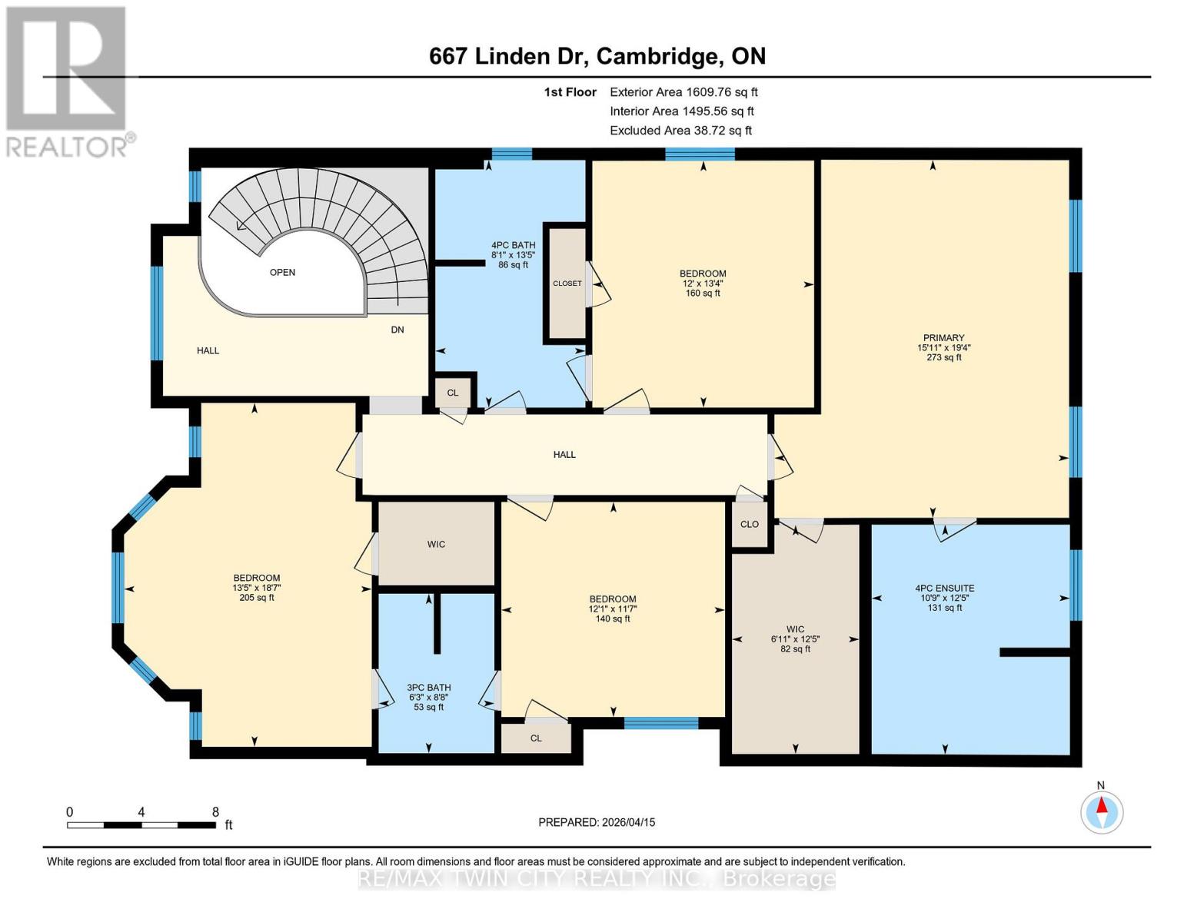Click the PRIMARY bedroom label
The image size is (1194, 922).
coord(943,338)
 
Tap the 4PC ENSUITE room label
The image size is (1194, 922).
coord(944,589)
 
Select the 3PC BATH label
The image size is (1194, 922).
coord(429,688)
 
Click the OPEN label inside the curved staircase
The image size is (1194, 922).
coord(282,272)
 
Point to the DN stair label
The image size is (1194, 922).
coord(397,330)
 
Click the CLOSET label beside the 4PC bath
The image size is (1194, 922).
coord(567,284)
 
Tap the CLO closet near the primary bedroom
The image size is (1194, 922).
coord(750,525)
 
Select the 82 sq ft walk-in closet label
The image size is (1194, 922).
coord(795,649)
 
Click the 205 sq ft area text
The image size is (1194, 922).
coord(257,598)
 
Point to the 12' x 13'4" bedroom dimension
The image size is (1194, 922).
coord(703,284)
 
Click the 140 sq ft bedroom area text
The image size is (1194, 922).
coord(613,619)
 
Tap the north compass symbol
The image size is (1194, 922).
coord(1102,811)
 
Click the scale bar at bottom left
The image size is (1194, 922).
coord(141,825)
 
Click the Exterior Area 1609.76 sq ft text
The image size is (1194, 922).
coord(683,92)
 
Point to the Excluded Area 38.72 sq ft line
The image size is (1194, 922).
coord(680,131)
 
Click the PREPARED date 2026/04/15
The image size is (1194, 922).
coord(597,822)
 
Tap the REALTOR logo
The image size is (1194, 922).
coord(68,81)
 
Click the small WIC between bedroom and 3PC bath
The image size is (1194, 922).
coord(436,544)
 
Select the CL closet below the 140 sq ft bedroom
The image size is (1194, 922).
coord(536,738)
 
